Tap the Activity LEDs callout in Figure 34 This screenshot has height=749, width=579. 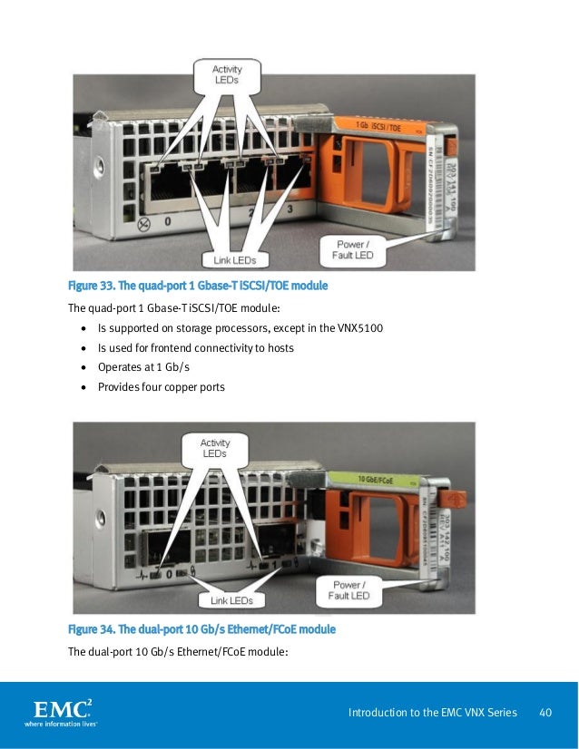click(214, 449)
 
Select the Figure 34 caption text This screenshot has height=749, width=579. click(201, 629)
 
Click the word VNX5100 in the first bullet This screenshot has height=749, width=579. click(359, 327)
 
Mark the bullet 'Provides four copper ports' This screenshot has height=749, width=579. click(162, 387)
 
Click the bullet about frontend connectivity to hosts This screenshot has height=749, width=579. click(195, 347)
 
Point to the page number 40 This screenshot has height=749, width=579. click(546, 713)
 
